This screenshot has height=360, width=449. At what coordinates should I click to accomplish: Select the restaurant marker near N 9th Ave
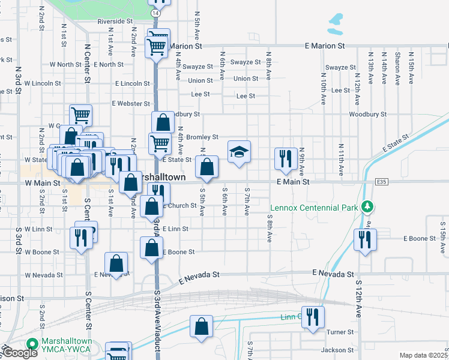pos(285,158)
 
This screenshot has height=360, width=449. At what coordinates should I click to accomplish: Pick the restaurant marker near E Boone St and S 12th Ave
pos(364,240)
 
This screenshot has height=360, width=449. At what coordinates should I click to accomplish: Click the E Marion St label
pos(325,46)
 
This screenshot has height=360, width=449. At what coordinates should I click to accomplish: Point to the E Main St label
pos(292,181)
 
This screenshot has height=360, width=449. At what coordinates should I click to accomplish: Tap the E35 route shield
pos(381,181)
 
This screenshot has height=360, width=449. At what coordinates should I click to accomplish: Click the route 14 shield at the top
pos(156,13)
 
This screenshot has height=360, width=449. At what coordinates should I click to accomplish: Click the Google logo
pos(20,353)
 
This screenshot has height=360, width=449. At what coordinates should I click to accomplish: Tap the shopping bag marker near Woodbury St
pos(163,123)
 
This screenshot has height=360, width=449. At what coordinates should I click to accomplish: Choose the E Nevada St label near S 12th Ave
pos(331,274)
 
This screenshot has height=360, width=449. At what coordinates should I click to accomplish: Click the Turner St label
pos(340,332)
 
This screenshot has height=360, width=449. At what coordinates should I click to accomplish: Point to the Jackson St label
pos(337,350)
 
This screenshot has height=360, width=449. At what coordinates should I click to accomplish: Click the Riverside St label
pos(115,21)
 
